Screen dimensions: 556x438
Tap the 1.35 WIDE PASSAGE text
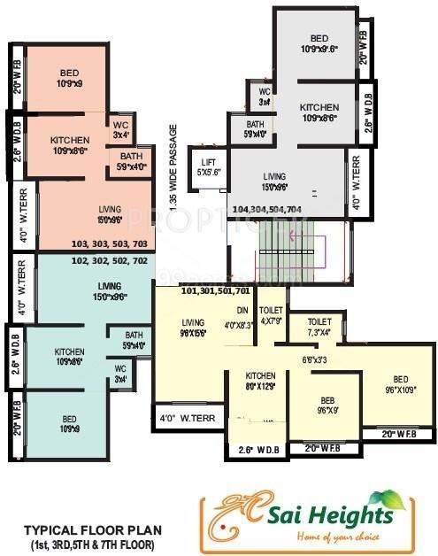(x=173, y=168)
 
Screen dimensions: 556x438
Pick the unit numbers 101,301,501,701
(x=215, y=290)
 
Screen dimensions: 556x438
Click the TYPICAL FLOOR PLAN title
(x=88, y=529)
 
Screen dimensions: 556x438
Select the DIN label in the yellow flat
(x=242, y=310)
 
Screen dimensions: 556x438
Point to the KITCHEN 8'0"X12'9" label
(x=260, y=381)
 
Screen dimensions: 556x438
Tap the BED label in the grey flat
(x=319, y=43)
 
